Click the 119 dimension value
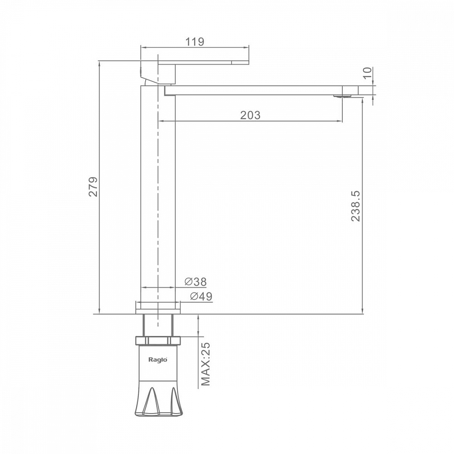coord(195,42)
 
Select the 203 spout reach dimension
coord(250,115)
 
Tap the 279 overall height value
coord(93,187)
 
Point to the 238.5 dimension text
coord(355,206)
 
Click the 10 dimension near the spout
coord(367,73)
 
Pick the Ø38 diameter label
coord(196,281)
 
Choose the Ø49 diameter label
coord(201,296)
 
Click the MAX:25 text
coord(206,364)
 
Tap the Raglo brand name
coord(158,360)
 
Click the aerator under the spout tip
coord(343,96)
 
